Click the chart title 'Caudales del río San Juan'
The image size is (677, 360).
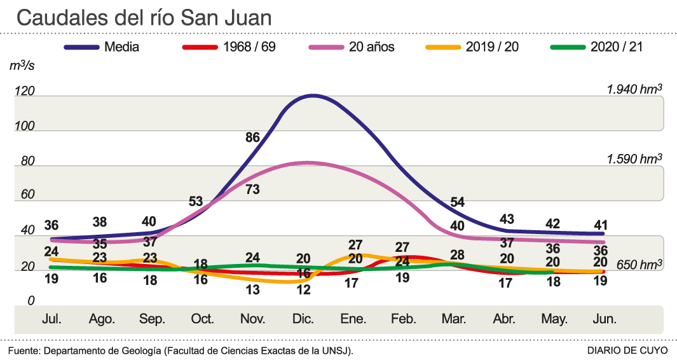(x=144, y=18)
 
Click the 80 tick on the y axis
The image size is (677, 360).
(x=27, y=162)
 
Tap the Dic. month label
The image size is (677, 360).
(x=304, y=320)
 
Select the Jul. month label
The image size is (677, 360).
(x=52, y=320)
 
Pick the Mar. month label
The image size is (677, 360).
(x=453, y=320)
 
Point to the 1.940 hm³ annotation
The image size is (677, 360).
(x=634, y=88)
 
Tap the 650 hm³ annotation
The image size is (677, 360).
(x=639, y=264)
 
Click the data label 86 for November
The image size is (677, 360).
(x=253, y=137)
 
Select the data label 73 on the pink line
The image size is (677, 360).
(x=253, y=188)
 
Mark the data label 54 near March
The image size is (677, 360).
(x=458, y=202)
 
